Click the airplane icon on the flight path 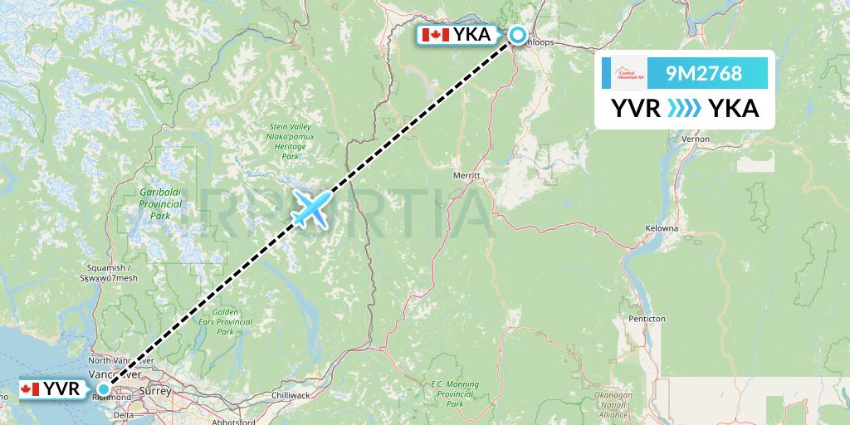pos(310,208)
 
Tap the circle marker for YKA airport pos(517,35)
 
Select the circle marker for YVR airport pos(104,388)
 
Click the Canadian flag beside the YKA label pos(436,35)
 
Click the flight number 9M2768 pos(704,73)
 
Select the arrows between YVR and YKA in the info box pos(685,108)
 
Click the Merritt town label pos(468,176)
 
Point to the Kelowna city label pos(662,227)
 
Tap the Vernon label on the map pos(696,139)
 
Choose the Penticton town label pos(647,318)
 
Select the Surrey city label pos(157,390)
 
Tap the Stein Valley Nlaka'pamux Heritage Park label pos(288,141)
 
